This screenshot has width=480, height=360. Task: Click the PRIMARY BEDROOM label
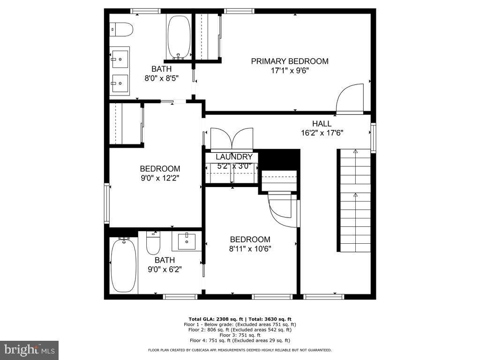pyautogui.click(x=289, y=61)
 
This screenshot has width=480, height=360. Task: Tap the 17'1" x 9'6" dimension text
pyautogui.click(x=289, y=71)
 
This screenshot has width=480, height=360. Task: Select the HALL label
pyautogui.click(x=322, y=124)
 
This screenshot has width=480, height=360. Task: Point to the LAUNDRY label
pyautogui.click(x=234, y=157)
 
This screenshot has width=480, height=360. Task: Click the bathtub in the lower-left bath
pyautogui.click(x=124, y=265)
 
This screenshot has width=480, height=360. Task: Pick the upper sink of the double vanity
pyautogui.click(x=120, y=59)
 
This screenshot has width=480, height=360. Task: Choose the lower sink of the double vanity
pyautogui.click(x=120, y=85)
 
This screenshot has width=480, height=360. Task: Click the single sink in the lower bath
pyautogui.click(x=187, y=241)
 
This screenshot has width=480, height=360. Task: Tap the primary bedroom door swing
pyautogui.click(x=350, y=98)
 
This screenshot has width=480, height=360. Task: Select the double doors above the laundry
pyautogui.click(x=232, y=139)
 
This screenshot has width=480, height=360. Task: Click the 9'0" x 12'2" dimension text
pyautogui.click(x=160, y=178)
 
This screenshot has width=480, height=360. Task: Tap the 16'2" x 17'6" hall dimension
pyautogui.click(x=322, y=133)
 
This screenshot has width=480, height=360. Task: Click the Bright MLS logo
pyautogui.click(x=29, y=350)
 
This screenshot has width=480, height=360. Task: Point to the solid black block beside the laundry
pyautogui.click(x=280, y=159)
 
